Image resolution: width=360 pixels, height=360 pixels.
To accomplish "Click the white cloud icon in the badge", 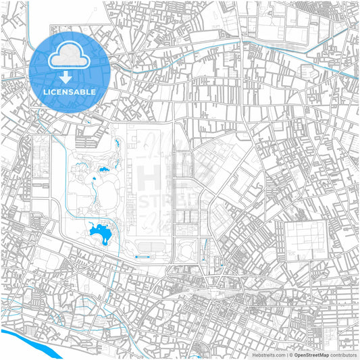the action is pyautogui.click(x=70, y=53).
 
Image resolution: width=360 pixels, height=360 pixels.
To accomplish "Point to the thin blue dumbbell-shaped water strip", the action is pyautogui.click(x=143, y=257).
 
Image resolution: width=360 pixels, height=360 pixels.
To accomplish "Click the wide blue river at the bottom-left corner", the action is pyautogui.click(x=27, y=341).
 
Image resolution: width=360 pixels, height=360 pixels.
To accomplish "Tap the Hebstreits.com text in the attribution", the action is pyautogui.click(x=268, y=355).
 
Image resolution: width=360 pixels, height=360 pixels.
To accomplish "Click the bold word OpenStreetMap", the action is pyautogui.click(x=311, y=355).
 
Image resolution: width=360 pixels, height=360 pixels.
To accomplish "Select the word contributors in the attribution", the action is pyautogui.click(x=344, y=355).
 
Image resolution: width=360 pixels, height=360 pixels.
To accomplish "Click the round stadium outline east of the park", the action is pyautogui.click(x=187, y=248).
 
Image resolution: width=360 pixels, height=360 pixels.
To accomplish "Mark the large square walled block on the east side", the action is pyautogui.click(x=305, y=240).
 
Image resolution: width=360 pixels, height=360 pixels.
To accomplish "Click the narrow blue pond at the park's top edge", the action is pyautogui.click(x=119, y=143).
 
